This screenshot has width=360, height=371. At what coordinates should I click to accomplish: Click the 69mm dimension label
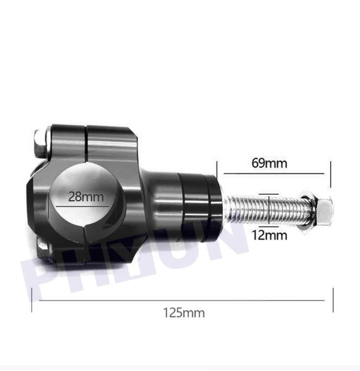(x=269, y=163)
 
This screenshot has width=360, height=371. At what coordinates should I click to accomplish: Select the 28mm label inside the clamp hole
(x=86, y=197)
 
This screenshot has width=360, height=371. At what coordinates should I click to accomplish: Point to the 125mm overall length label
(x=184, y=312)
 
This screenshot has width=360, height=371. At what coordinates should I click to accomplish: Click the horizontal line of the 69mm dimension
(x=273, y=173)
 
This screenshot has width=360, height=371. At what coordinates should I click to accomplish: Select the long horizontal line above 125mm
(x=182, y=300)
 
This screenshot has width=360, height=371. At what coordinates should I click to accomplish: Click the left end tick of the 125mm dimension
(x=32, y=300)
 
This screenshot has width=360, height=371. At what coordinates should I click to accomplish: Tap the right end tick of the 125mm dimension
(x=333, y=300)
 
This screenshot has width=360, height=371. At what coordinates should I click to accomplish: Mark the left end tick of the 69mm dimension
(x=217, y=173)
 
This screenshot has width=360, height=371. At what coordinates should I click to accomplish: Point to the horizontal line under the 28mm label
(x=83, y=206)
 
